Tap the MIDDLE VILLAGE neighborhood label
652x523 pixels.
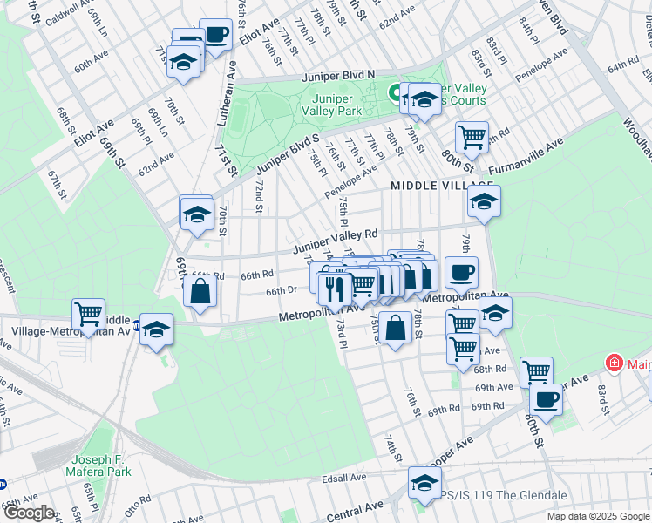431,186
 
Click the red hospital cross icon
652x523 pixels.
614,362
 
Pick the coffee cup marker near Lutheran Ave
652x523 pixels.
215,36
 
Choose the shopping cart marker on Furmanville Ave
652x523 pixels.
472,136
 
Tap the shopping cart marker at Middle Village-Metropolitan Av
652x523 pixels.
88,314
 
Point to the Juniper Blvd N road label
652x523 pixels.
338,77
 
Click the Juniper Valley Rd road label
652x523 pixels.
336,235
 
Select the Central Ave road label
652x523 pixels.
356,510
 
